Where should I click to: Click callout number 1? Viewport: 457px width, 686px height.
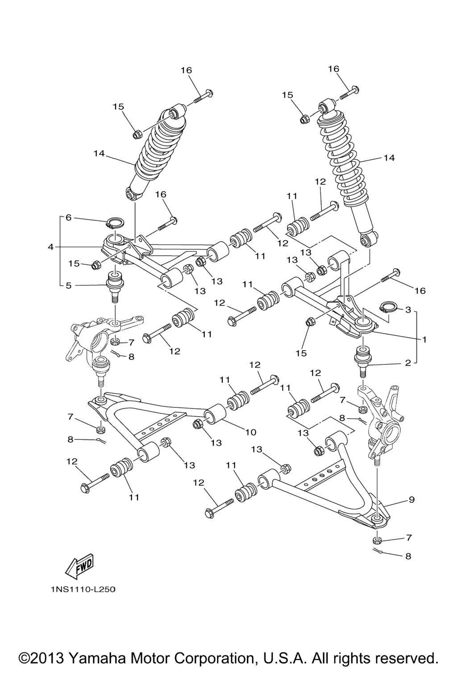coord(424,339)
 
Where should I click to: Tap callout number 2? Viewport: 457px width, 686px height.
coord(407,363)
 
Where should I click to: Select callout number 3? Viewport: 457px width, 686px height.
coord(407,310)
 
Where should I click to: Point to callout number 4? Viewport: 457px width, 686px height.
coord(51,247)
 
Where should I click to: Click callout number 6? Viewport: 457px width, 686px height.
coord(68,218)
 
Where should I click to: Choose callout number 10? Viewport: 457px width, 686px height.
coord(250,432)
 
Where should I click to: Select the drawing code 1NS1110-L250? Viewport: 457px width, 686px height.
coord(83,590)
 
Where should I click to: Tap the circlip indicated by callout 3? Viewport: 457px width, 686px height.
coord(386,307)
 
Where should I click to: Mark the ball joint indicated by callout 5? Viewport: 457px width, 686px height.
coord(114,286)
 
